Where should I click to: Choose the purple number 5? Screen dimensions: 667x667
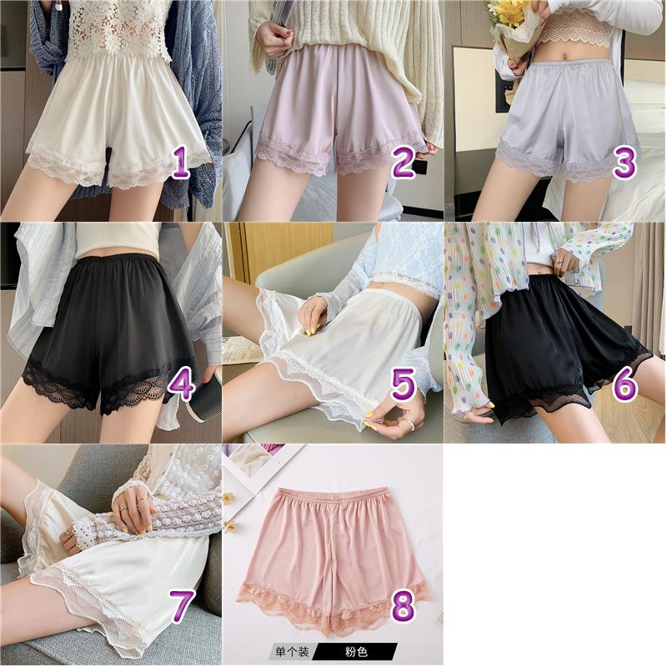click(403, 385)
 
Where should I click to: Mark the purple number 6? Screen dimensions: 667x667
click(624, 385)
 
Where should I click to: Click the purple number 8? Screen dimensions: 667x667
click(403, 607)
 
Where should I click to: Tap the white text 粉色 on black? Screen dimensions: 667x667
click(356, 651)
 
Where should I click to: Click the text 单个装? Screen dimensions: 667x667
click(293, 651)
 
